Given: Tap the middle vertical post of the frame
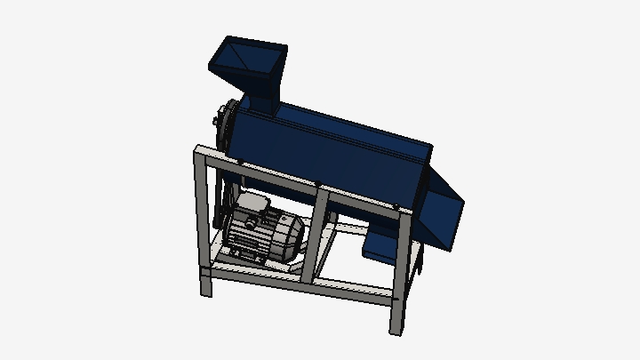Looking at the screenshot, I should pyautogui.click(x=319, y=227).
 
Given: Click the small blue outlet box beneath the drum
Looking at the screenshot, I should pyautogui.click(x=380, y=243).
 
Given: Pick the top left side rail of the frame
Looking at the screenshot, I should pyautogui.click(x=210, y=151).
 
